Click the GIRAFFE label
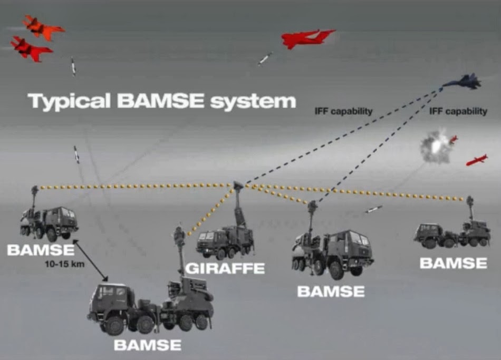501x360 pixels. [x=225, y=268]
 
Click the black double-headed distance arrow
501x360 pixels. [x=91, y=260]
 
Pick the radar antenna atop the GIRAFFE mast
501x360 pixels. [x=238, y=185]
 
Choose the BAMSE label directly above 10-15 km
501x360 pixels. [x=41, y=250]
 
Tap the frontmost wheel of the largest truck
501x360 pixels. [x=114, y=326]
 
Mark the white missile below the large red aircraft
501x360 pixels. [x=265, y=58]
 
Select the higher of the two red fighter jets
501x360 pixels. [x=43, y=27]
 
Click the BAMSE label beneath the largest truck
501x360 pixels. [x=147, y=346]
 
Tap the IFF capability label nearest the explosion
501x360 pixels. [x=458, y=111]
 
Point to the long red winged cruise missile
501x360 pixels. [x=476, y=160]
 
